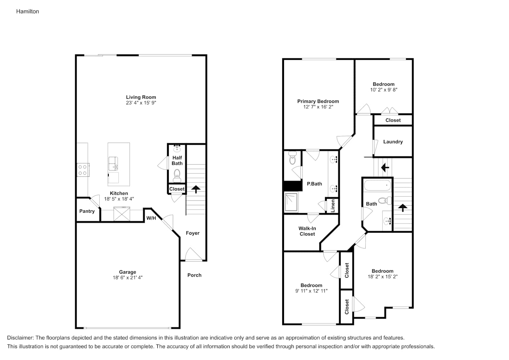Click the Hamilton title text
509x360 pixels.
point(27,12)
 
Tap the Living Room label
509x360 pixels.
point(141,97)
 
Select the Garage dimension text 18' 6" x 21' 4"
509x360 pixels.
point(127,278)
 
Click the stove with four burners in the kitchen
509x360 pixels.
point(83,170)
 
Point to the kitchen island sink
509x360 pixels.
point(113,163)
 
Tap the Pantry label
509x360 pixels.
point(87,211)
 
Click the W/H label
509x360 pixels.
point(151,218)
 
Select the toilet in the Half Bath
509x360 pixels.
point(177,175)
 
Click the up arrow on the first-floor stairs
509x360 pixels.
point(196,189)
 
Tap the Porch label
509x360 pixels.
point(194,275)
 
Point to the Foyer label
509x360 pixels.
point(193,233)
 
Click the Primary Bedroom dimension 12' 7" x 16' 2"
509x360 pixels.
point(318,107)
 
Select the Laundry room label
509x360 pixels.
point(393,141)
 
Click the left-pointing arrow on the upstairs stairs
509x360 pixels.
point(385,168)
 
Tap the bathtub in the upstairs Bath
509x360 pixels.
point(377,186)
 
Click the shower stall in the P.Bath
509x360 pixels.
point(291,202)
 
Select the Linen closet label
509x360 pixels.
point(333,206)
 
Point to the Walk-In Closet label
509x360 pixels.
point(307,231)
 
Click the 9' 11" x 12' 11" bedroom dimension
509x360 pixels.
point(311,291)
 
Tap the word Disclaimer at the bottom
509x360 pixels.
point(20,338)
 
